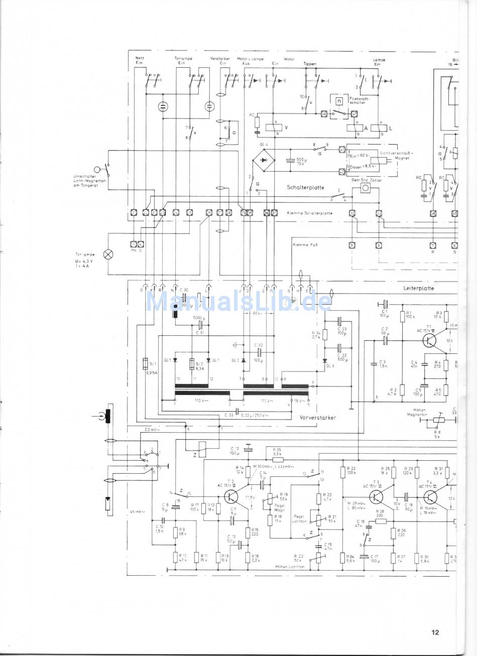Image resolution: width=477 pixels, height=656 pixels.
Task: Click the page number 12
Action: tap(435, 632)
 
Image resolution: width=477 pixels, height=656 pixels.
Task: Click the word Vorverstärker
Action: tap(318, 417)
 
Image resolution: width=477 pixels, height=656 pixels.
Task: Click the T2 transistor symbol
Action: tap(231, 496)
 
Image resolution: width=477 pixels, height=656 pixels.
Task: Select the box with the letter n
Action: tap(339, 100)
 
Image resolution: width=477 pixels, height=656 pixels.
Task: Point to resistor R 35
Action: tap(278, 459)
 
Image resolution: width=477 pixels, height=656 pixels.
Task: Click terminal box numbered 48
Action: tap(433, 213)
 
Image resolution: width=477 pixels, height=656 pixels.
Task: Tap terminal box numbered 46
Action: tap(324, 114)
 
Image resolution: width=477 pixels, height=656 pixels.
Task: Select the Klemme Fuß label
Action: tap(304, 245)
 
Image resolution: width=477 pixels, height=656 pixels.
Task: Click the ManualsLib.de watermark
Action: tap(238, 302)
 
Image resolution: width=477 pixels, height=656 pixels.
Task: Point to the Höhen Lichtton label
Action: tap(290, 566)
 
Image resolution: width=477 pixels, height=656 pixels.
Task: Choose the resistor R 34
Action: tap(325, 335)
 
